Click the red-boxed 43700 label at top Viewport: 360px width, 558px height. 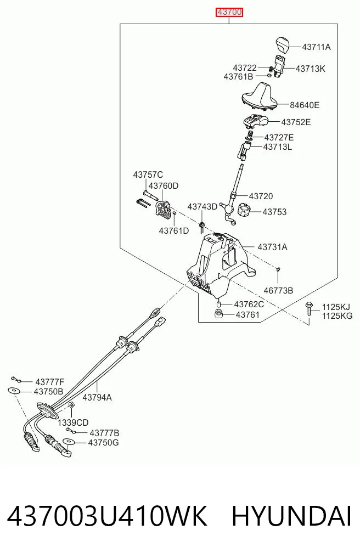(230, 13)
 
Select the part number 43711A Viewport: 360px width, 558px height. (316, 47)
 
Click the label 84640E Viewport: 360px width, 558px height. (305, 105)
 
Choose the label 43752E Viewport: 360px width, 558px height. (296, 122)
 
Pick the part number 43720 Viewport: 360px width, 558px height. (261, 196)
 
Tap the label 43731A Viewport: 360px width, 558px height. (272, 247)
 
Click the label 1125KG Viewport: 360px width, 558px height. (337, 316)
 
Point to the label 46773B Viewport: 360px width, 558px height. (278, 291)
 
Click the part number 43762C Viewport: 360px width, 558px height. (249, 305)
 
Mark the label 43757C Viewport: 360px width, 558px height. (148, 174)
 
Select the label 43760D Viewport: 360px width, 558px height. (164, 186)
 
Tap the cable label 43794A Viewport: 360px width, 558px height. (97, 397)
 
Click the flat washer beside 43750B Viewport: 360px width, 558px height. (14, 391)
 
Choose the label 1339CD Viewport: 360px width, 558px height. (73, 423)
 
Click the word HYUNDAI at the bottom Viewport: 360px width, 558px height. (291, 516)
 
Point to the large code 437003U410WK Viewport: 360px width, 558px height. (107, 516)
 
